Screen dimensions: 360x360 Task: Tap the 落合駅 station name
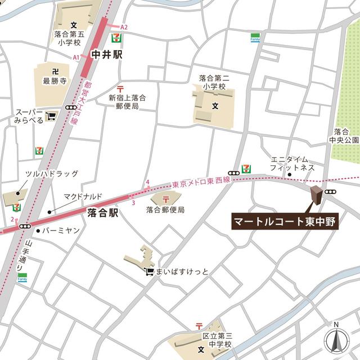(103, 213)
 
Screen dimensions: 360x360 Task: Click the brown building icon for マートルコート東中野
(317, 196)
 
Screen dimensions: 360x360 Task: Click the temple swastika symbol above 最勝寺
(55, 71)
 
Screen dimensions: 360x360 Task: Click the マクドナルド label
(83, 196)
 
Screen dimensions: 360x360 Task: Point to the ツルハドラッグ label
(51, 174)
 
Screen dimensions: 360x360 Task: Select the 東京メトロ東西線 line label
(201, 182)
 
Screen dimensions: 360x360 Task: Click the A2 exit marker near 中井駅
(124, 27)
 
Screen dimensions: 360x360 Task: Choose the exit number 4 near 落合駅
(147, 182)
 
